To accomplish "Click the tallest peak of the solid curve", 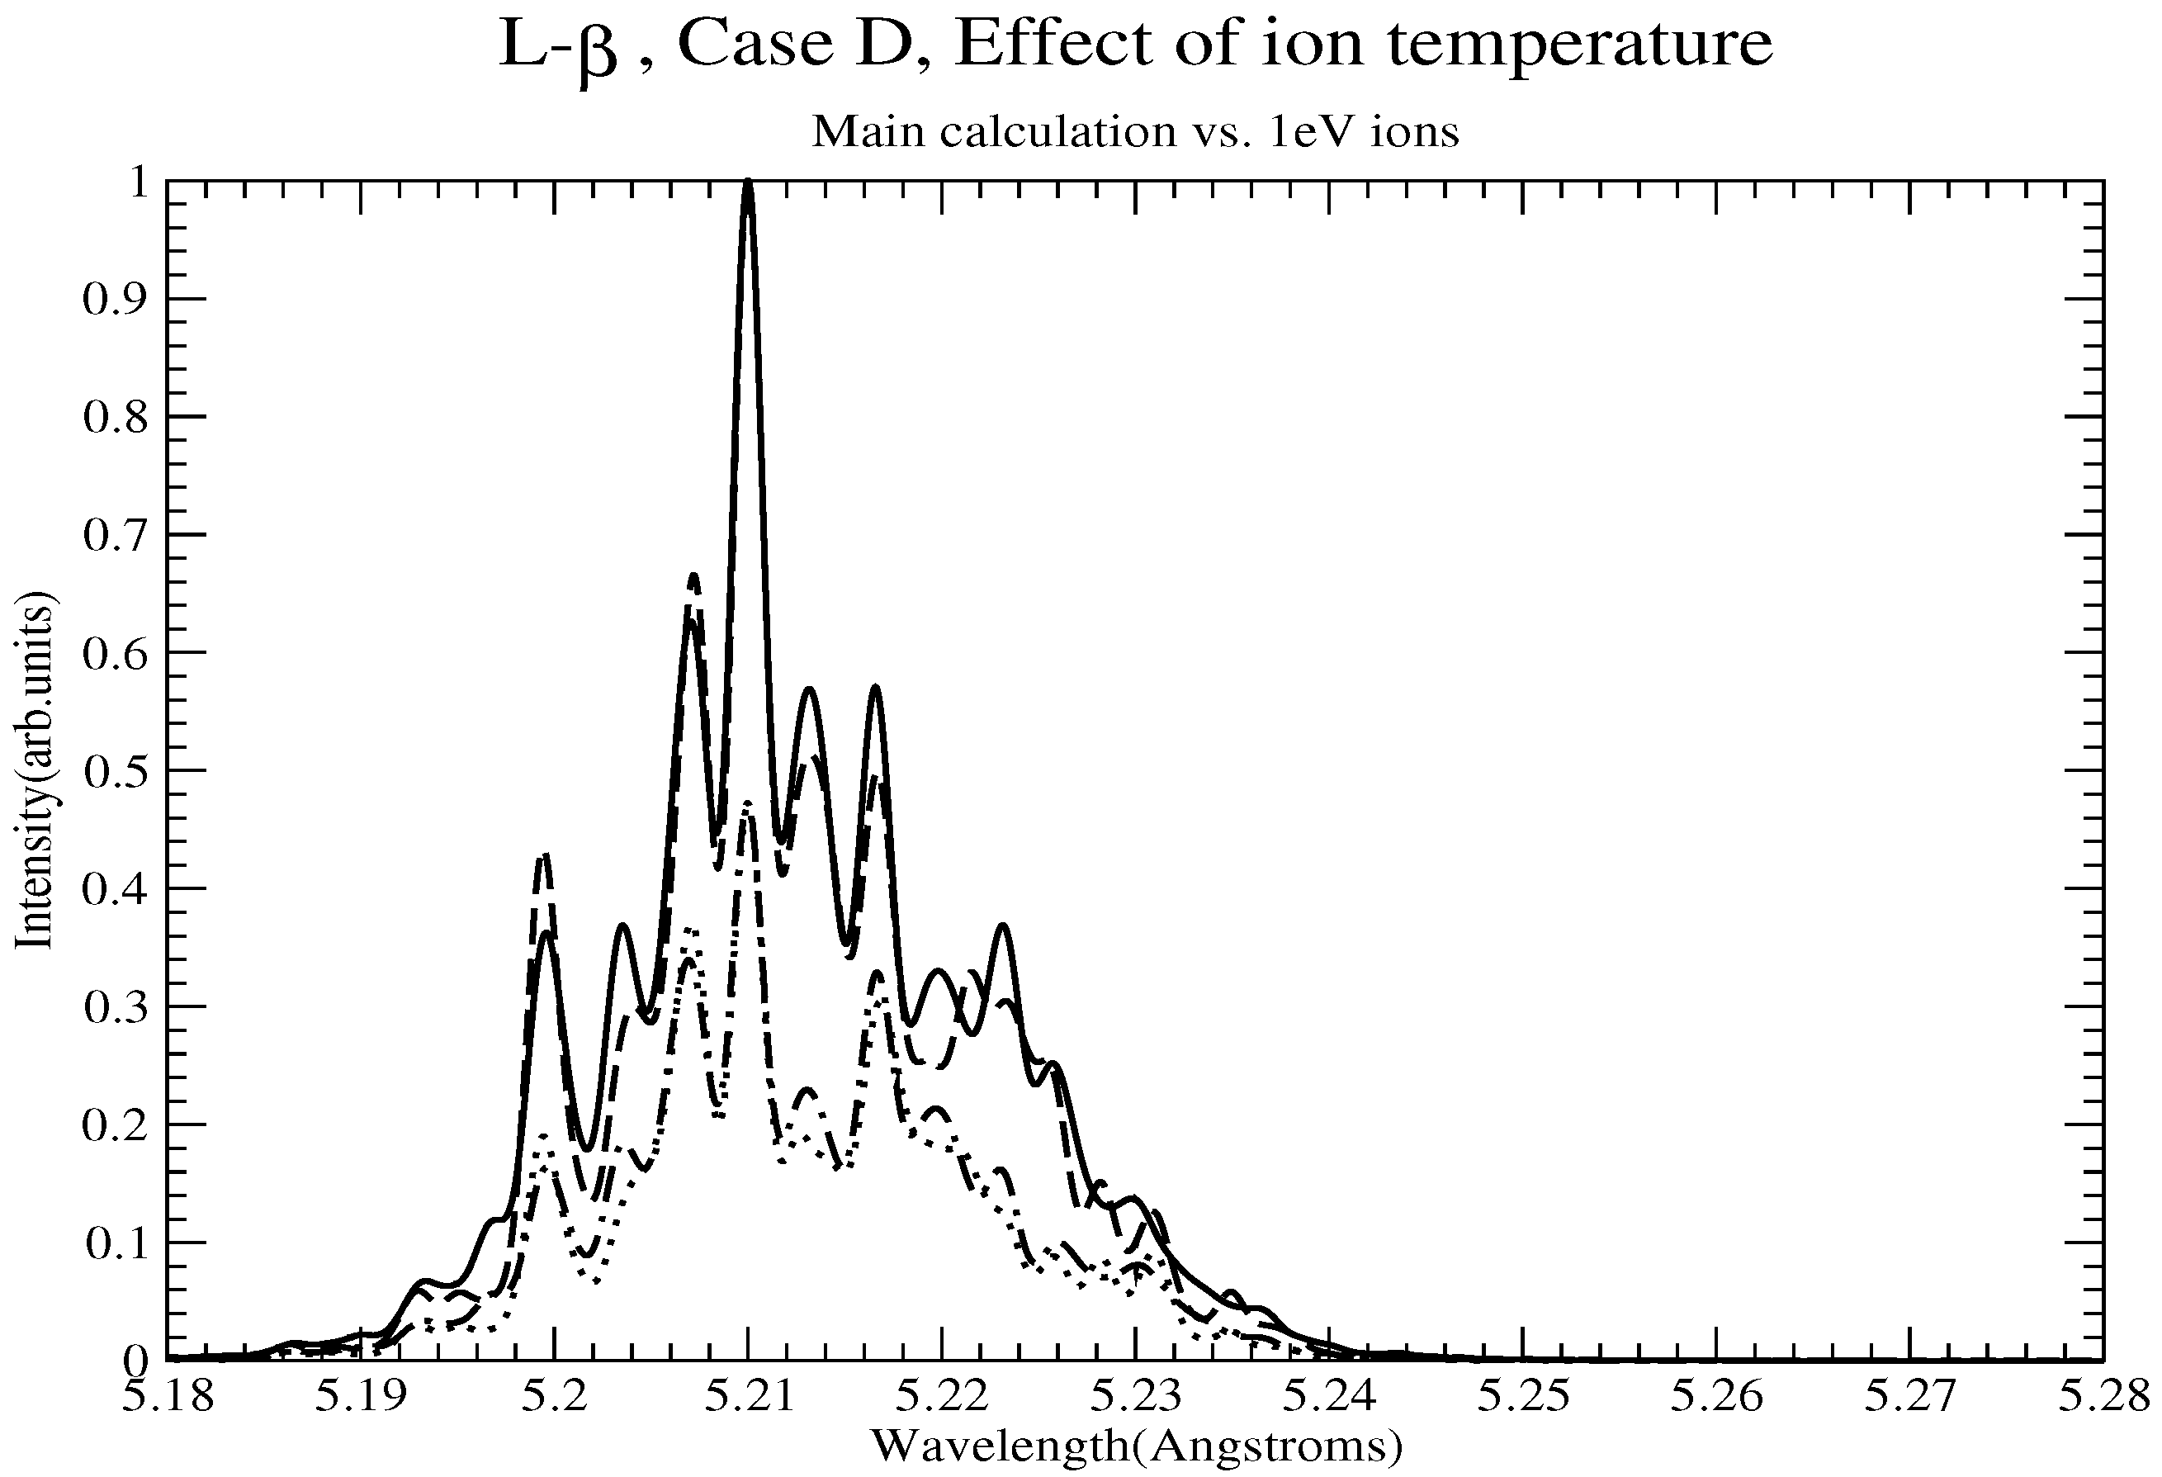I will coord(748,183).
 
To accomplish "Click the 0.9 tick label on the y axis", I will coord(116,299).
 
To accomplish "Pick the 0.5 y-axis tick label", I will coord(116,770).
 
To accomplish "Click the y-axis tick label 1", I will coord(139,182).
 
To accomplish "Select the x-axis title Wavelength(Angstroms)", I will coord(1136,1446).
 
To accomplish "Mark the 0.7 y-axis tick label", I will coord(116,535).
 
